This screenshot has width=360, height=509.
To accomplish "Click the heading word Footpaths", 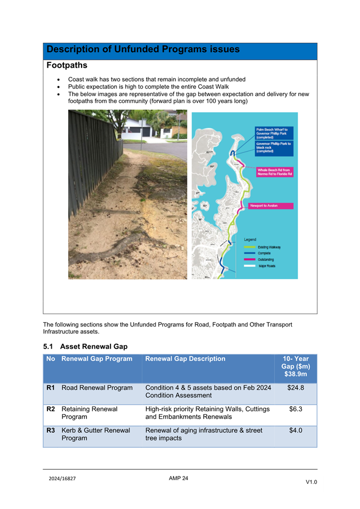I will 67,66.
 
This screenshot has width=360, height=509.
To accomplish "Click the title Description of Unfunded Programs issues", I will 143,50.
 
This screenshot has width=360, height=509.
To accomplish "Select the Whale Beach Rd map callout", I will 274,172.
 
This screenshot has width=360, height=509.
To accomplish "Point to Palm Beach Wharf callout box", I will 274,133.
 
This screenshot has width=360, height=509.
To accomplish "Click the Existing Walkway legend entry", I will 269,248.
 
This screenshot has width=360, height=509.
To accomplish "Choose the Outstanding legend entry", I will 266,259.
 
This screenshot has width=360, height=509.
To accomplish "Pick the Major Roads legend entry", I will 267,266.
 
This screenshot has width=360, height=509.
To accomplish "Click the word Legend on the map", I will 250,240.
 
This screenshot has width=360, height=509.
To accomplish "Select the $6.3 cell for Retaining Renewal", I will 295,409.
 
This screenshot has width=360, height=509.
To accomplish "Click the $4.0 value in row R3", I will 295,431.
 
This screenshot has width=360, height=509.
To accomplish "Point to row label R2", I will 51,409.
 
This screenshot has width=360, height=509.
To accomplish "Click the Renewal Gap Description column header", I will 185,359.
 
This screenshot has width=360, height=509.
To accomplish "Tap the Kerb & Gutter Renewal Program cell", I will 96,434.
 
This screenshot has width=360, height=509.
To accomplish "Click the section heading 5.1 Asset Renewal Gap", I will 85,347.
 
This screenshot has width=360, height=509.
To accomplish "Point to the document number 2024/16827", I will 62,479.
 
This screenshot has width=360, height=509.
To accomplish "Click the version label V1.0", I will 311,482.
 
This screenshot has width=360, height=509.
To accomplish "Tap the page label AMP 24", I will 178,478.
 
